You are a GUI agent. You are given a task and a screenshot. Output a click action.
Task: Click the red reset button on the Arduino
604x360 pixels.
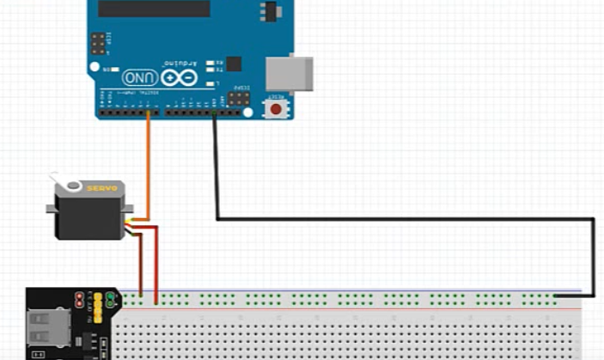click(276, 109)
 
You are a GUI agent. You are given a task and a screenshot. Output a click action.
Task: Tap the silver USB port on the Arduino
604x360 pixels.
click(290, 74)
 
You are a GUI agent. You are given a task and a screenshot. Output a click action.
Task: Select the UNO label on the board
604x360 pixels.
click(138, 77)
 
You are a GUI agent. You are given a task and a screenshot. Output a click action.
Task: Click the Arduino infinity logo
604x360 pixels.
click(179, 78)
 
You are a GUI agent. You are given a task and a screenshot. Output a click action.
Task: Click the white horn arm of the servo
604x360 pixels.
click(64, 182)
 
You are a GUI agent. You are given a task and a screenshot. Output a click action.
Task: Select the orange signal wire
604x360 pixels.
click(148, 163)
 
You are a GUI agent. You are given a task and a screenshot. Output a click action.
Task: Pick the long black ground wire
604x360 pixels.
click(404, 219)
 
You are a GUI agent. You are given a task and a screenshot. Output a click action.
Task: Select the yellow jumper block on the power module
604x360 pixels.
click(109, 301)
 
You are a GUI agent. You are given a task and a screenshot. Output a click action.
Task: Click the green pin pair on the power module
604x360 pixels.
click(95, 300)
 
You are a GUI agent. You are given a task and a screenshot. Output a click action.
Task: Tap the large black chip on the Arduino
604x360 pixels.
click(154, 8)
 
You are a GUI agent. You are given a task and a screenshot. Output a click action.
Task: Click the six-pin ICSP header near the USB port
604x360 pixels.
click(239, 99)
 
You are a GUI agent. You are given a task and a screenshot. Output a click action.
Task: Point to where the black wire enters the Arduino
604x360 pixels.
click(214, 114)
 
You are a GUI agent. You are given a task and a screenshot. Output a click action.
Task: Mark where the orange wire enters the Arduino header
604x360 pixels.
click(148, 114)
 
